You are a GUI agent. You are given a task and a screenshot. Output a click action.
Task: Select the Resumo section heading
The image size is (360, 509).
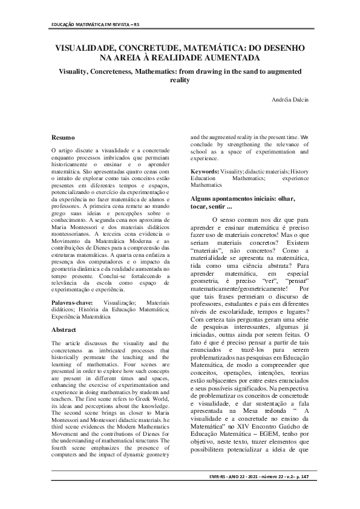pyautogui.click(x=63, y=138)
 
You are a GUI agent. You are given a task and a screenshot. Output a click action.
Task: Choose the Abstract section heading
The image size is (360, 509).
pyautogui.click(x=64, y=331)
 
